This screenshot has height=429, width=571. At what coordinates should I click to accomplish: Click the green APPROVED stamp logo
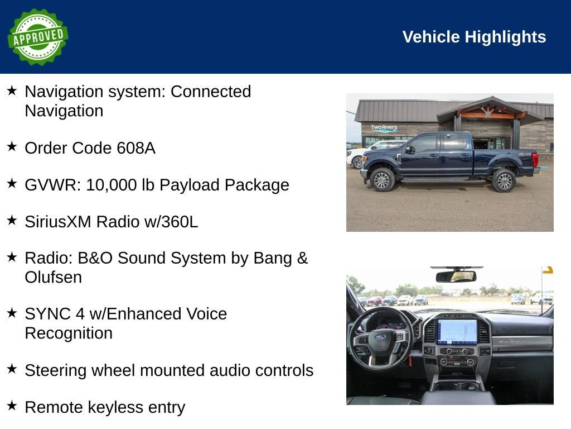pos(38,37)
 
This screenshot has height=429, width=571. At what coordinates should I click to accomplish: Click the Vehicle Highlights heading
pos(474,37)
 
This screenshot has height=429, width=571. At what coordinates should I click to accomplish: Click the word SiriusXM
pos(58,222)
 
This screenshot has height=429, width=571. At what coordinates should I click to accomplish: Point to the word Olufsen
pos(53,277)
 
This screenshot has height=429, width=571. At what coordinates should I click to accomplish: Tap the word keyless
pos(116,408)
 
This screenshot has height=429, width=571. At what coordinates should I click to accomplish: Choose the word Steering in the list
pos(56,371)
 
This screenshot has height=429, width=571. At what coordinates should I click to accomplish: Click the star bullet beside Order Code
pos(12,146)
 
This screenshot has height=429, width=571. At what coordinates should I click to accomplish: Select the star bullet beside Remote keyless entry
pos(12,406)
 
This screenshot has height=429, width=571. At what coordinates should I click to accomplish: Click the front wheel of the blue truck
pos(382,179)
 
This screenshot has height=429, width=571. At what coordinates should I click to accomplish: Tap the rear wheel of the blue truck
pos(504,180)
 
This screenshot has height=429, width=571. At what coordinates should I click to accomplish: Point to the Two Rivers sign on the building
pos(384,128)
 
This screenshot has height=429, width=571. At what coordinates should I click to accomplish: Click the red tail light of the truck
pos(535,160)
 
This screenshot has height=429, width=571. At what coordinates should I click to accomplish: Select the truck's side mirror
pos(409,149)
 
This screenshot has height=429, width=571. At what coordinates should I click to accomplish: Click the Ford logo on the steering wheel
pos(381,337)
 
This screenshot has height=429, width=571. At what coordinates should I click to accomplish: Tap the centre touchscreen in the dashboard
pos(457,331)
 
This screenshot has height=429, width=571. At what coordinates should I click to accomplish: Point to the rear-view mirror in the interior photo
pos(456,277)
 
